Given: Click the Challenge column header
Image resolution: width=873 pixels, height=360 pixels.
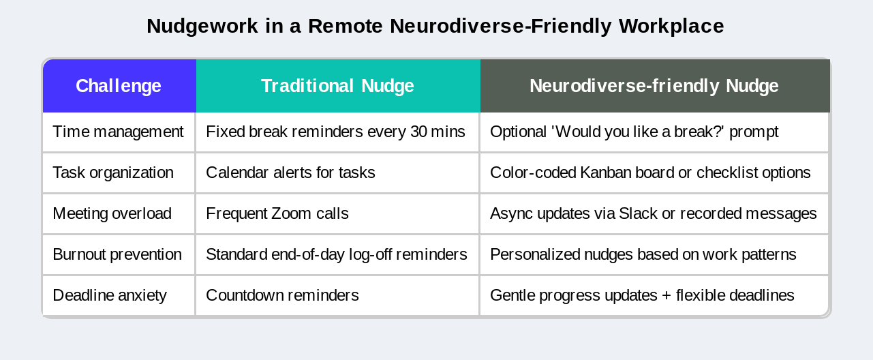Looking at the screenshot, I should (x=119, y=86).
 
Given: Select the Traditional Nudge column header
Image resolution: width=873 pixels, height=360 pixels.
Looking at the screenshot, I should (x=337, y=86).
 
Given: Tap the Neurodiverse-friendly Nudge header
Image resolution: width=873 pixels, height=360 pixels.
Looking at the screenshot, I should (x=654, y=86).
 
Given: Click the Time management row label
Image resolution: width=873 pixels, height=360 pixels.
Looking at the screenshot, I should (x=118, y=132).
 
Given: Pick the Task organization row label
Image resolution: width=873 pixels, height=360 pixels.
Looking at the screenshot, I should (x=113, y=172).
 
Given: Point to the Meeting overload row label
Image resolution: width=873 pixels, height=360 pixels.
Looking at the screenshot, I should (x=112, y=213).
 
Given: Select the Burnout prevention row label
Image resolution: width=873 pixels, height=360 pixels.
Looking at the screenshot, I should (x=117, y=254).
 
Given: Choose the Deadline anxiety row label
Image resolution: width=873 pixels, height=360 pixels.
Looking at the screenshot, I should (x=110, y=295).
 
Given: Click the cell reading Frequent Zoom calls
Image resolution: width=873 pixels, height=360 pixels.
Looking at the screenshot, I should (x=277, y=213).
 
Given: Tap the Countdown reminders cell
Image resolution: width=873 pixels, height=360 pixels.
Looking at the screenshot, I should (x=282, y=295).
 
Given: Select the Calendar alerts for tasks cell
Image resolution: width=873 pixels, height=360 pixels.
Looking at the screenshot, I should (x=290, y=172).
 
